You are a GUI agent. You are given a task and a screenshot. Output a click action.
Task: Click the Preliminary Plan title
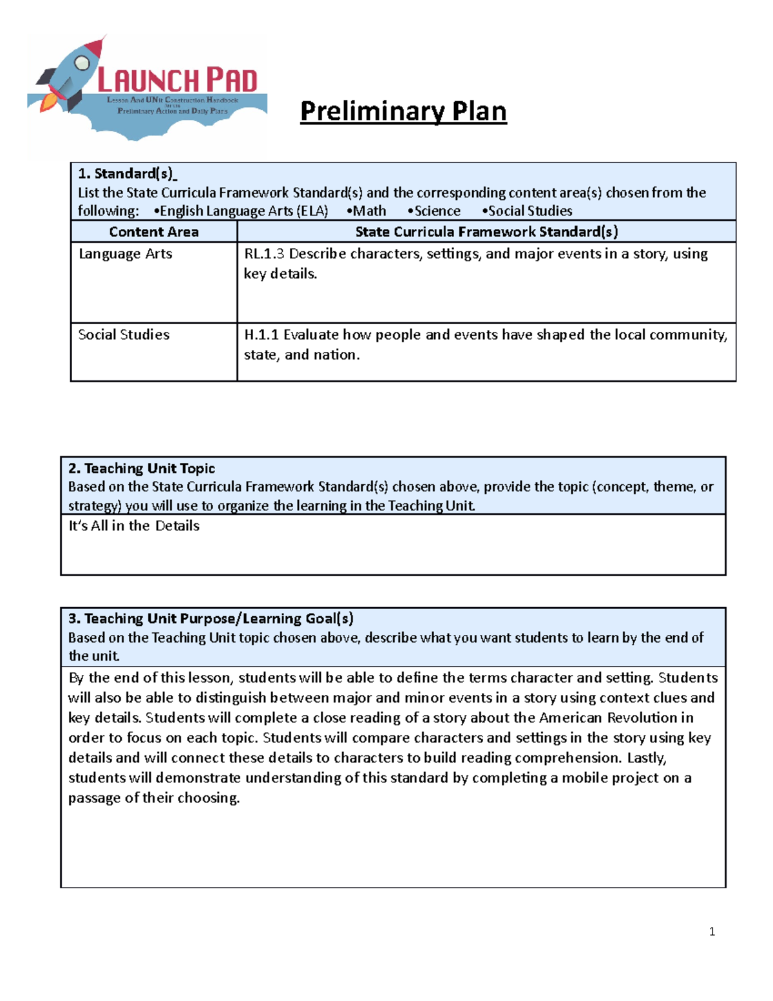pyautogui.click(x=403, y=111)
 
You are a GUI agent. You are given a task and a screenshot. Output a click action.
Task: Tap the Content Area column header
pyautogui.click(x=153, y=232)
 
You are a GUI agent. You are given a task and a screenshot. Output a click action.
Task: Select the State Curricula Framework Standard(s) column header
pyautogui.click(x=486, y=232)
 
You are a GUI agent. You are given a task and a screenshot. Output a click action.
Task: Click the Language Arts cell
pyautogui.click(x=125, y=254)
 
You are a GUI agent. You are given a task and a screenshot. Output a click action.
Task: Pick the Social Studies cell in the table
pyautogui.click(x=124, y=335)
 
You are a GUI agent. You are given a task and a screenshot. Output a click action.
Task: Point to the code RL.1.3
pyautogui.click(x=263, y=254)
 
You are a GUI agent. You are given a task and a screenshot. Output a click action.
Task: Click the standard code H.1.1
pyautogui.click(x=261, y=335)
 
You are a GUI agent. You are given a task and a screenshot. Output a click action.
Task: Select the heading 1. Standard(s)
pyautogui.click(x=127, y=173)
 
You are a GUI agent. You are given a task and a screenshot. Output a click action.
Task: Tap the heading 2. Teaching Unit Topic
pyautogui.click(x=141, y=469)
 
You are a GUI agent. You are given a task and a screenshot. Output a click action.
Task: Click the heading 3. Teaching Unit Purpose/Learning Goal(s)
pyautogui.click(x=211, y=619)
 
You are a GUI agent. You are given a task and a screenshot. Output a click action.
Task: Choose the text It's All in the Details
pyautogui.click(x=134, y=526)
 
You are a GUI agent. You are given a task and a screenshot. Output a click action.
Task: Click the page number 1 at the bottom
pyautogui.click(x=712, y=931)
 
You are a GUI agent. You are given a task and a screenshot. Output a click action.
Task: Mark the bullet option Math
pyautogui.click(x=367, y=211)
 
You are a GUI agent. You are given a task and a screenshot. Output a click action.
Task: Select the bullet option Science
pyautogui.click(x=435, y=211)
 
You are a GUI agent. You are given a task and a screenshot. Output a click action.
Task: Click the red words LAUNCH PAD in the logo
pyautogui.click(x=177, y=81)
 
